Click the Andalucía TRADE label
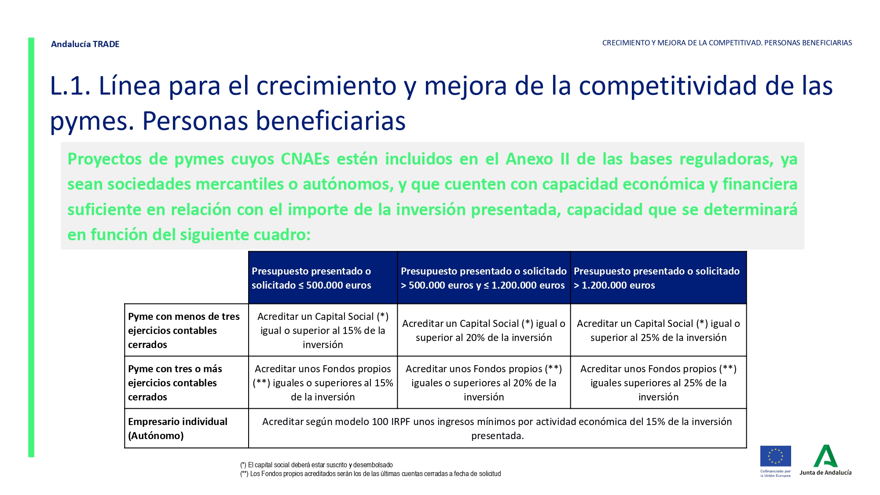(x=85, y=44)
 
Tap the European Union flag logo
(x=775, y=456)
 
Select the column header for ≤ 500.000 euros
(x=323, y=278)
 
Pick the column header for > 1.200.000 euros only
(x=658, y=278)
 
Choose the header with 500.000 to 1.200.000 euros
(x=484, y=278)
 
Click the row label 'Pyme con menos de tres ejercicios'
(x=184, y=330)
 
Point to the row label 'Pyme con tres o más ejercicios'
(x=175, y=383)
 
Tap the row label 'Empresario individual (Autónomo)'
(x=178, y=429)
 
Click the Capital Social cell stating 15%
(x=323, y=330)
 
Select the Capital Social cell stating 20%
(x=484, y=330)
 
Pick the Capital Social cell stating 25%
(x=658, y=330)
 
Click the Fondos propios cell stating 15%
(x=323, y=383)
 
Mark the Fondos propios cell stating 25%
(x=658, y=383)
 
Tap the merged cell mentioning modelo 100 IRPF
(x=497, y=429)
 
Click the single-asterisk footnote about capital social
(x=316, y=465)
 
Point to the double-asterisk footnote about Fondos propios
(x=370, y=474)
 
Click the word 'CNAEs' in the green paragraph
(x=305, y=159)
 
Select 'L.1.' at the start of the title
(x=70, y=86)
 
